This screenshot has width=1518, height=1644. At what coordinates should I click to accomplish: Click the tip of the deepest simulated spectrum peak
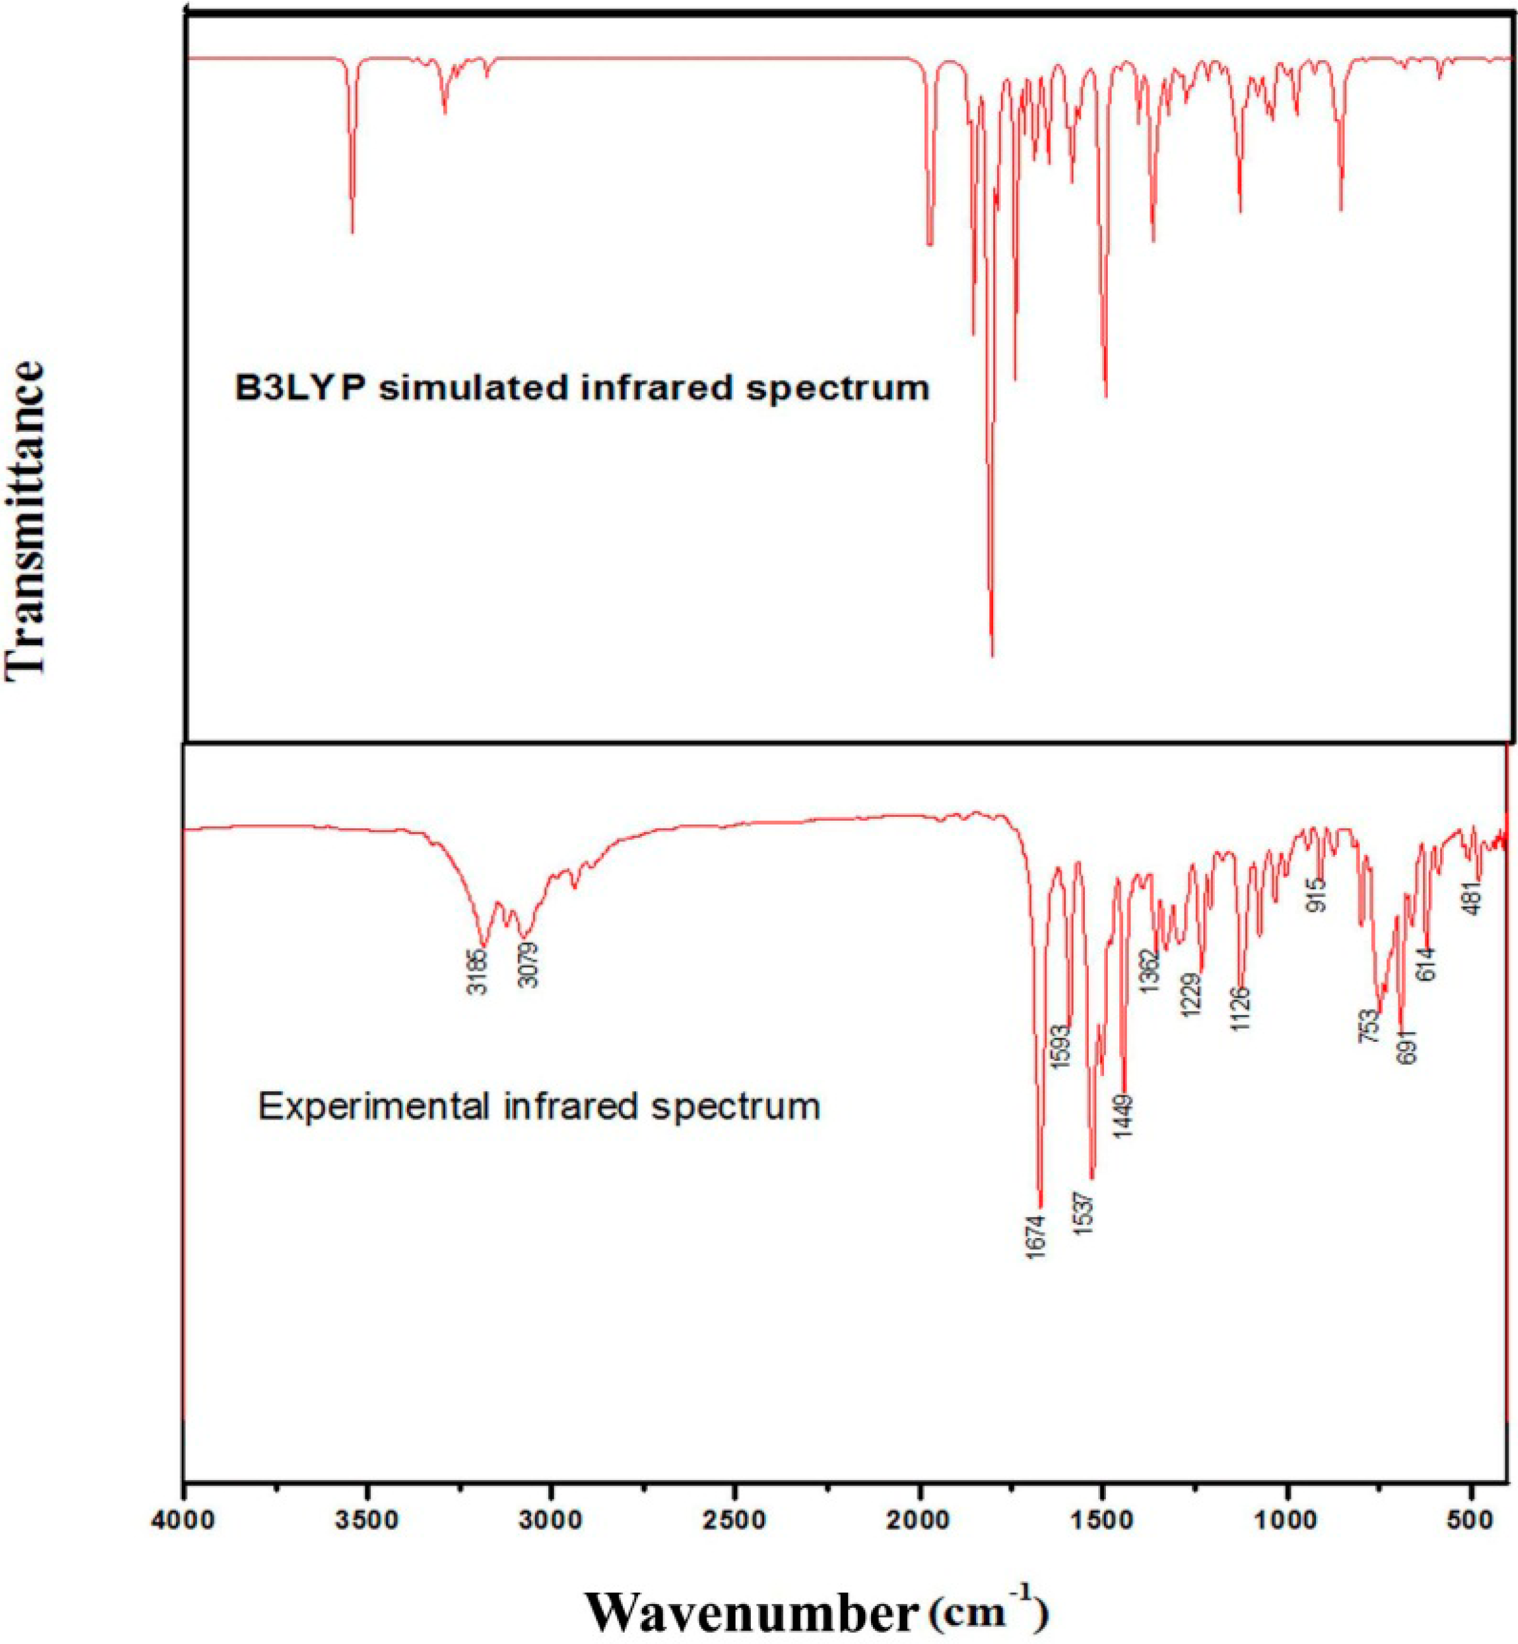click(993, 655)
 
